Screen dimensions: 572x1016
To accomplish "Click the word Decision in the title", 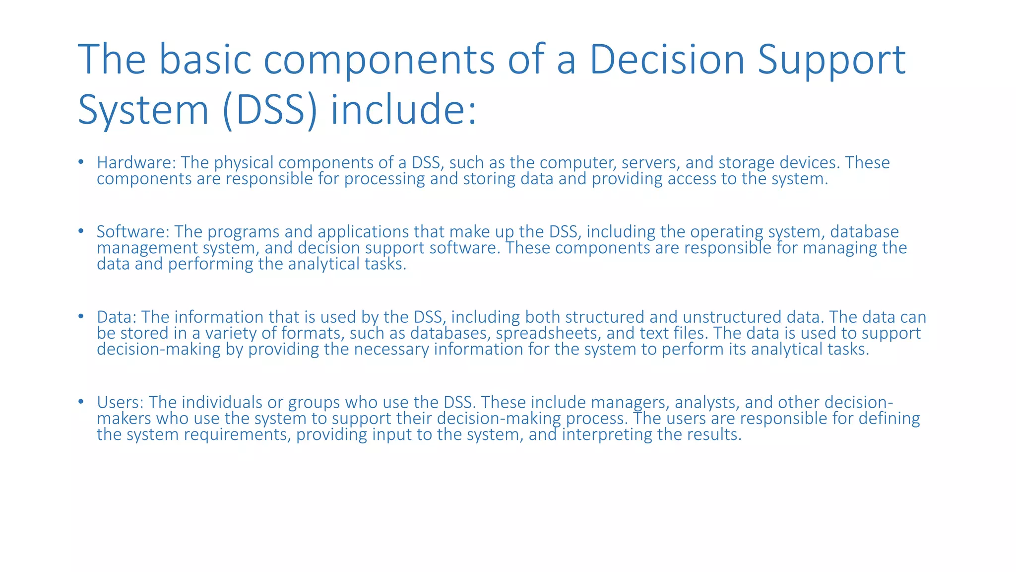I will click(667, 60).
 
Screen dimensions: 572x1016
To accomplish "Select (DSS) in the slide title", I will click(270, 110).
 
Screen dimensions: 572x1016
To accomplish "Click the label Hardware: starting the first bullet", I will click(136, 163).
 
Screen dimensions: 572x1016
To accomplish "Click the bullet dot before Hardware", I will click(81, 162).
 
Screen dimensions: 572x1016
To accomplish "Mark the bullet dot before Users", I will click(81, 401).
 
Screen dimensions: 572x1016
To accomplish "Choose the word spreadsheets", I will click(549, 333).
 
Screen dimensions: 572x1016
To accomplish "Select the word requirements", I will click(238, 435).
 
